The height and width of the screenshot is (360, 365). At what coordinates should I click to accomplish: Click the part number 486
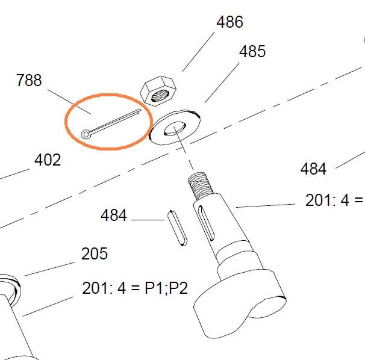tap(229, 22)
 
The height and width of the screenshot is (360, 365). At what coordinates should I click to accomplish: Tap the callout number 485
tap(252, 51)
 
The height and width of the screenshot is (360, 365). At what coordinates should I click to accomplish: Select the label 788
tap(29, 80)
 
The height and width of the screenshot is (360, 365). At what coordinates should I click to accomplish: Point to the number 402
tap(48, 160)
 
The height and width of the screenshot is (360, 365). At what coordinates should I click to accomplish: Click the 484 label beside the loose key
tap(114, 215)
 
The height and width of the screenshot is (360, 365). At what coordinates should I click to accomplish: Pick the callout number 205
tap(95, 253)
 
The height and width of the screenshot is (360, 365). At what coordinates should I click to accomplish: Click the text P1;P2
tap(166, 288)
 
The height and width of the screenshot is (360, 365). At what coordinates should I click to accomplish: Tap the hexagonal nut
tap(158, 91)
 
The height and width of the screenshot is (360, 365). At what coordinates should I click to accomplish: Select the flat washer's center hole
tap(175, 128)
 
